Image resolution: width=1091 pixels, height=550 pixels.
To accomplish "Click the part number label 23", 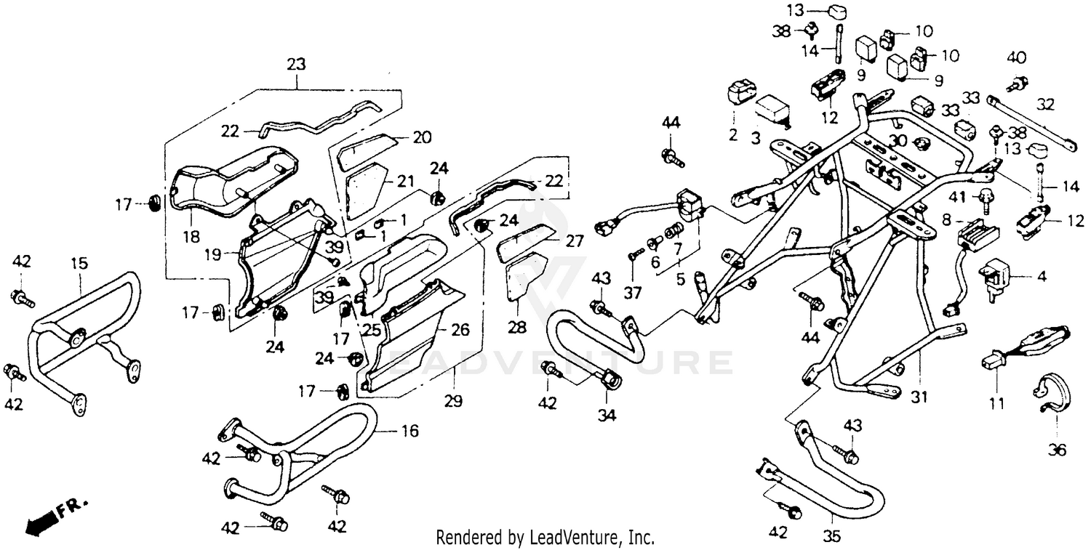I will point(296,64).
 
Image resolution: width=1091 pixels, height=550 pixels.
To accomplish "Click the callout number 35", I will point(832,536).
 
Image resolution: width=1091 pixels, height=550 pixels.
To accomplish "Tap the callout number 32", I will point(1044,105).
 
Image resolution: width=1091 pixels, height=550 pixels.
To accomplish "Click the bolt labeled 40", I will point(1018,82).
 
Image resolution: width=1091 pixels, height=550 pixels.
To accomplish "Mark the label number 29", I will point(456,401).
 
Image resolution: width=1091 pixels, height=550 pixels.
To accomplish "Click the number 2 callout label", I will point(733,134).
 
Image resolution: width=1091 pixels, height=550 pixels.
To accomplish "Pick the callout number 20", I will point(423,137).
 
